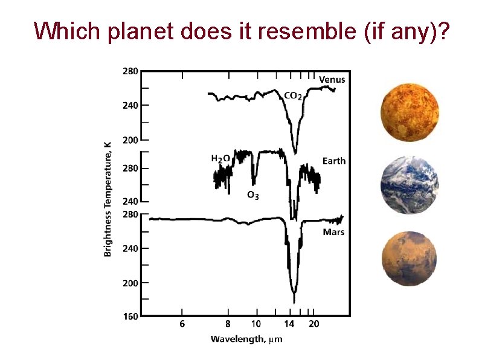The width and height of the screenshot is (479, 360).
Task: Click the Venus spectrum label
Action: (332, 79)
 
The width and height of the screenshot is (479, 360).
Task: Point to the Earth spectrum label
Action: (334, 161)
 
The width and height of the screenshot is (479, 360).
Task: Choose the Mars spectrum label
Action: (333, 231)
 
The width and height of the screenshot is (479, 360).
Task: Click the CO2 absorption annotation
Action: (293, 95)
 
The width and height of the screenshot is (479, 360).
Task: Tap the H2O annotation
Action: (220, 158)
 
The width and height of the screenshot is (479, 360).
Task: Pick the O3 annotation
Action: (253, 194)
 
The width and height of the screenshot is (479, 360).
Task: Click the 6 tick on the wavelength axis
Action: (182, 324)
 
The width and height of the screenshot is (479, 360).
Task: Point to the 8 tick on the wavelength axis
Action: (228, 324)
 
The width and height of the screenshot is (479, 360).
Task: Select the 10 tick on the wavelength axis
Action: (256, 324)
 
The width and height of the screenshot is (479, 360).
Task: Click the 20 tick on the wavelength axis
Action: (314, 324)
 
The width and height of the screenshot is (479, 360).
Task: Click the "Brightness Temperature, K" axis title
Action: (108, 195)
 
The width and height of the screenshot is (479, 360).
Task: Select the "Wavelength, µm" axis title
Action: (246, 339)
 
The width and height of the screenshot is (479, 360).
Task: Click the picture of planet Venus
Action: (410, 112)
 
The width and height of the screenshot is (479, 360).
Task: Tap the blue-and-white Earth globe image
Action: (410, 185)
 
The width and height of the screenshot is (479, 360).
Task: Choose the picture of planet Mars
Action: (410, 259)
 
